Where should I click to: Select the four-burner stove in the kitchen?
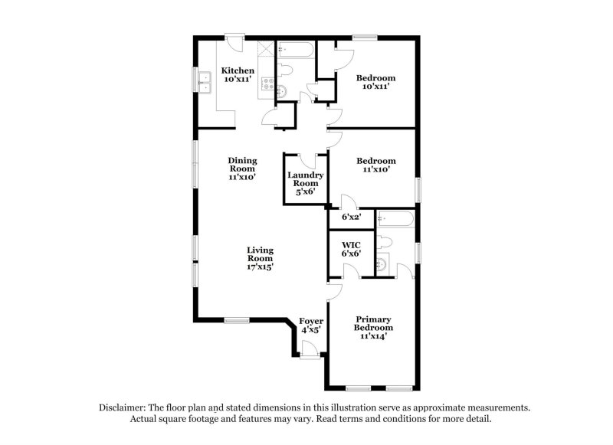(267, 85)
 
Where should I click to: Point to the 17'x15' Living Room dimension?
(260, 267)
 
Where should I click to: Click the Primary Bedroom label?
(372, 323)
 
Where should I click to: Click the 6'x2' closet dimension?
(350, 218)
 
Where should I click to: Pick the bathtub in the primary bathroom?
(395, 220)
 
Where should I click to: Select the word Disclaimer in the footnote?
(124, 407)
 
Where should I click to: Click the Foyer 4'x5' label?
(310, 325)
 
